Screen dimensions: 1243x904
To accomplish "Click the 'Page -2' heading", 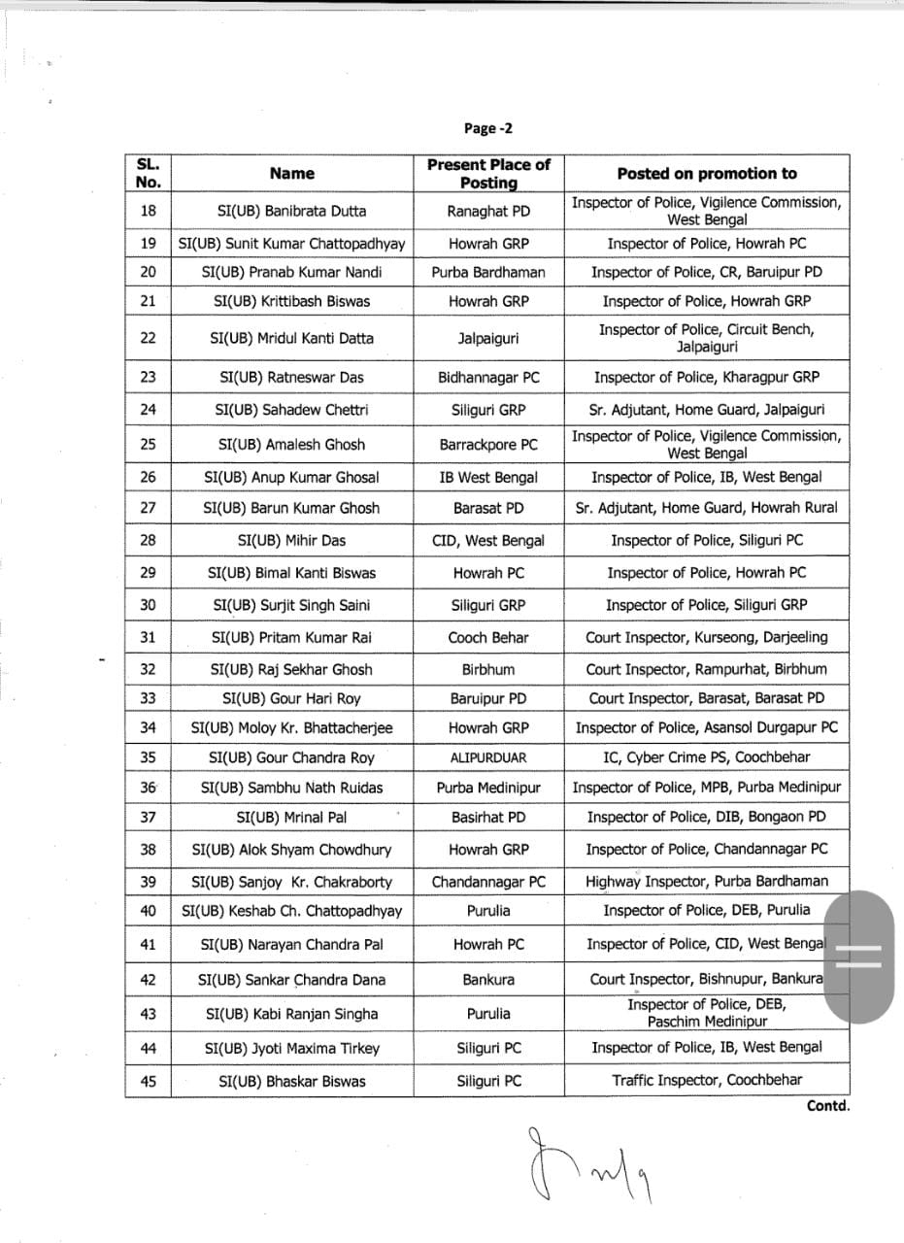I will click(x=488, y=128).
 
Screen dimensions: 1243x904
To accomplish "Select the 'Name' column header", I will click(x=292, y=174).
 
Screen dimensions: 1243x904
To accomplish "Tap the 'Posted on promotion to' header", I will click(x=707, y=174).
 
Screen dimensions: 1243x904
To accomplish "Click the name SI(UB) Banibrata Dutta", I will click(x=292, y=211).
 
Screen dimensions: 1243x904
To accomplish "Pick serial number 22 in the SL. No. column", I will click(x=148, y=338).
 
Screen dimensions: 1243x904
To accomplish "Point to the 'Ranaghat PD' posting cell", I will click(x=488, y=211).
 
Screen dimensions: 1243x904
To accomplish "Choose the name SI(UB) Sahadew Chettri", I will click(x=292, y=410).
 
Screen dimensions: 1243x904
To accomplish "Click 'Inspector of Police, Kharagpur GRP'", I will click(x=707, y=377).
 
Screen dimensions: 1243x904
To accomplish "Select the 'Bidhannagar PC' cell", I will click(x=488, y=377).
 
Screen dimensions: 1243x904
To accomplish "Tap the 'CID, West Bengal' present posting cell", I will click(x=488, y=540).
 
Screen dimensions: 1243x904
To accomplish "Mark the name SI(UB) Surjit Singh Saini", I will click(x=292, y=605).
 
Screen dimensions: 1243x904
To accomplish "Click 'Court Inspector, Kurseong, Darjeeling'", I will click(x=707, y=638).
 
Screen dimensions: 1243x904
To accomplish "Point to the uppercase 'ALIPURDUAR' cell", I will click(x=488, y=757).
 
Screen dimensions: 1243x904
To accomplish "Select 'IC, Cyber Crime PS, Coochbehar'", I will click(x=707, y=757).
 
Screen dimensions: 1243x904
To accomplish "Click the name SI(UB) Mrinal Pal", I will click(x=292, y=818).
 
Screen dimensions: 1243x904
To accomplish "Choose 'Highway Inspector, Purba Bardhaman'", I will click(x=707, y=882).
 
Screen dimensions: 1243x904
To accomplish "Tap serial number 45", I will click(x=148, y=1080).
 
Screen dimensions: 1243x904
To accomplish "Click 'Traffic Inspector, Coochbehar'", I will click(x=707, y=1080).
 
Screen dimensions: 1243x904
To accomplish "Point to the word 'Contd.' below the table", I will click(x=827, y=1105).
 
